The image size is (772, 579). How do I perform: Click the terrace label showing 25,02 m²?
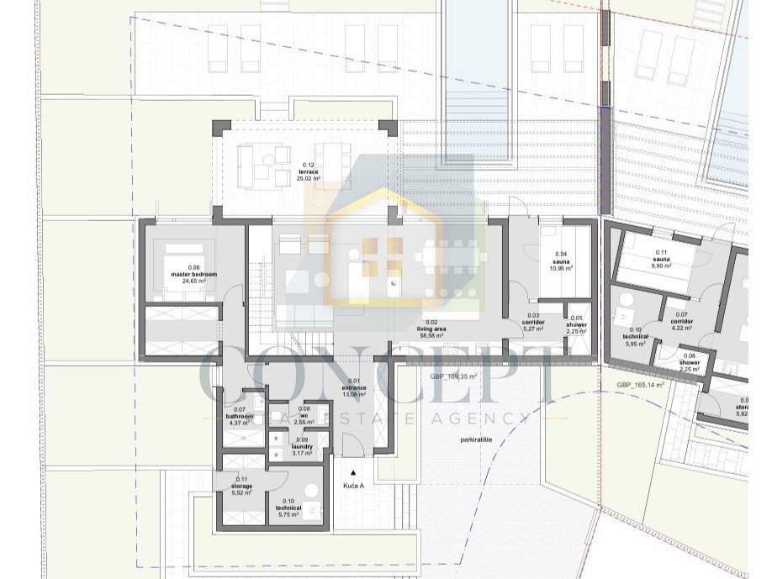pos(309,171)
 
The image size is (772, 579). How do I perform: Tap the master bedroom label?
pos(193,275)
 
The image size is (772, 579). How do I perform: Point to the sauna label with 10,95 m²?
pos(561,261)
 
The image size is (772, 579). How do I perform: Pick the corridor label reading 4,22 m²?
pos(681,322)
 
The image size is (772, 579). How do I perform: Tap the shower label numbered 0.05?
pos(576,324)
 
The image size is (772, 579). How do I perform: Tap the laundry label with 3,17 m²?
pos(301,446)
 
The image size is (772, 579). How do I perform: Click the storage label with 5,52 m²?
pos(242,486)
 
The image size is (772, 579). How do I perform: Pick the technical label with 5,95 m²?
pos(635,336)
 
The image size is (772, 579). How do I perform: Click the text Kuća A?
pos(354,486)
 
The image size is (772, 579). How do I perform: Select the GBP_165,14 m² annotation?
pos(641,385)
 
